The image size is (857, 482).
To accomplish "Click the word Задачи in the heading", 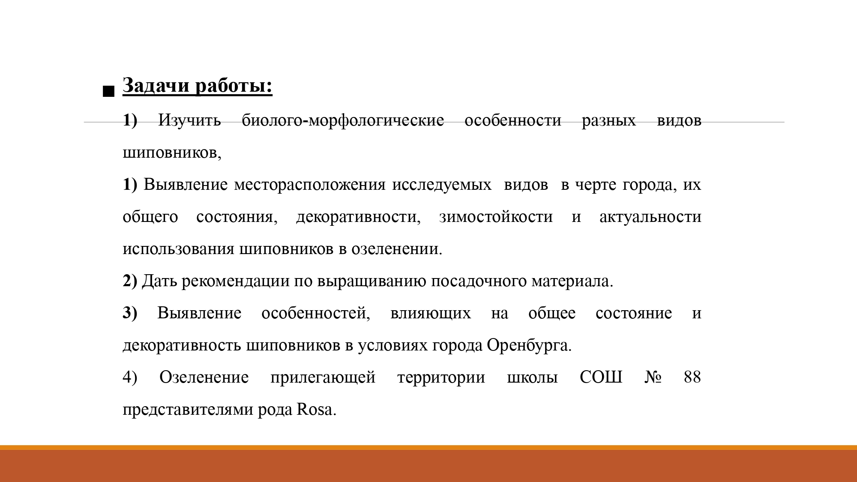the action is click(156, 85).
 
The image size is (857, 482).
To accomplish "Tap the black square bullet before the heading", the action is click(109, 91).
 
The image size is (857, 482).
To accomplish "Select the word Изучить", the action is click(189, 120).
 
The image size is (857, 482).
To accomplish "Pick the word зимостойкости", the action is click(496, 217).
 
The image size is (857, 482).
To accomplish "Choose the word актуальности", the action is click(650, 217).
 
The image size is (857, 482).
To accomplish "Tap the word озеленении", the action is click(397, 249).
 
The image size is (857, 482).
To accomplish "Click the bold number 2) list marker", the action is click(130, 281).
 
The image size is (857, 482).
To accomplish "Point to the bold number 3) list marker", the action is click(130, 313).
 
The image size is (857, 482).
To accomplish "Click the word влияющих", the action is click(430, 314).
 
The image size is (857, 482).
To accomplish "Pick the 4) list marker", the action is click(130, 377).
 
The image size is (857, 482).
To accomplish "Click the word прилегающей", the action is click(323, 378).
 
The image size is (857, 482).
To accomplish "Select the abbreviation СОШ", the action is click(601, 377).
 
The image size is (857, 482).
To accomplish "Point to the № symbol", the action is click(653, 377).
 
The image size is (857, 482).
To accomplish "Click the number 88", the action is click(692, 377).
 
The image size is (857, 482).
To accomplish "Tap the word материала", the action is click(572, 281).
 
